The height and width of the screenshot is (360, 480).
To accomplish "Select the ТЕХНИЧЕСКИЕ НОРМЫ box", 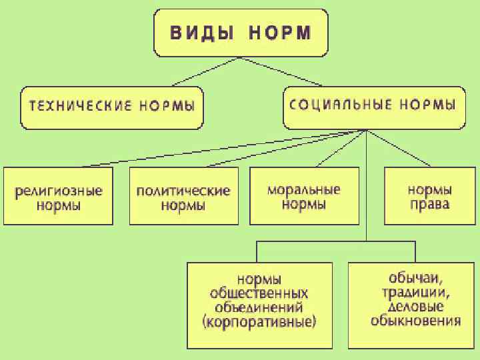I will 111,107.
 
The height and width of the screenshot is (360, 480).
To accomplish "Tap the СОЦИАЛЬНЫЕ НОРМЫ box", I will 373,107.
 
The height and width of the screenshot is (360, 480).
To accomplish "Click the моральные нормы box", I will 303,196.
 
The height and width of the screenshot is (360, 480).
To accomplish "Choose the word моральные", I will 303,189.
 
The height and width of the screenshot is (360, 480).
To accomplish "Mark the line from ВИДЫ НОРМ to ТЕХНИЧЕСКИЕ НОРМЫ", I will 203,71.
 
